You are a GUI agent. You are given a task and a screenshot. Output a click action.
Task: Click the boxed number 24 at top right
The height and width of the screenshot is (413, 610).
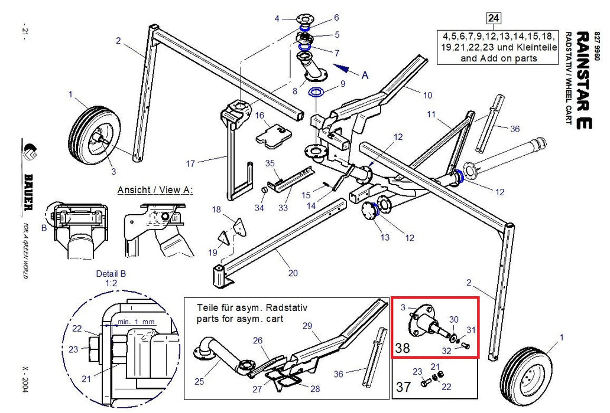pos(494,18)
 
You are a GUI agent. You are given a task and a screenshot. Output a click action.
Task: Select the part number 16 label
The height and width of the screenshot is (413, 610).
pos(259,115)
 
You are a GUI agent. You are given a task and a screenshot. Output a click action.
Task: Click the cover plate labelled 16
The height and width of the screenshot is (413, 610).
pos(274,136)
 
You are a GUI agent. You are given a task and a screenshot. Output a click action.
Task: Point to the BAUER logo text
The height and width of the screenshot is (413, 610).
pos(28,192)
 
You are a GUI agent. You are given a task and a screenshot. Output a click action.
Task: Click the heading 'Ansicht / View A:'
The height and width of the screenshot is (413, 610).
pos(155,190)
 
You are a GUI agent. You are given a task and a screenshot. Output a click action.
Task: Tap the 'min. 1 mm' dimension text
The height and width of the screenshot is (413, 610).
pos(137,322)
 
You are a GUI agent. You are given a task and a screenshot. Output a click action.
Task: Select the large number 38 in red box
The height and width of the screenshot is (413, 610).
pos(403,348)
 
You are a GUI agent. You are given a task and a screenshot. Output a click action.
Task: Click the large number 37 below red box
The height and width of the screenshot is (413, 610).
pos(403,386)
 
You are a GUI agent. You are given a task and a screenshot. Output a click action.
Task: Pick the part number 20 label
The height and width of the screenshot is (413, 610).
pos(293,273)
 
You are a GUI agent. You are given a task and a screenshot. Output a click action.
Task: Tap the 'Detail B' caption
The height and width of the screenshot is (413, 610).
pos(111,274)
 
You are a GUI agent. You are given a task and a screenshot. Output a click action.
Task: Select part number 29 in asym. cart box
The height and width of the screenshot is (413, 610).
pos(307,325)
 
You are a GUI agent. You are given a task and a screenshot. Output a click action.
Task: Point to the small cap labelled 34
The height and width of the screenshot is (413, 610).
pos(264,190)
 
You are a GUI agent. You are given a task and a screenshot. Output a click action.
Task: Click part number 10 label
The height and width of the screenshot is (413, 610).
pos(427,95)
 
